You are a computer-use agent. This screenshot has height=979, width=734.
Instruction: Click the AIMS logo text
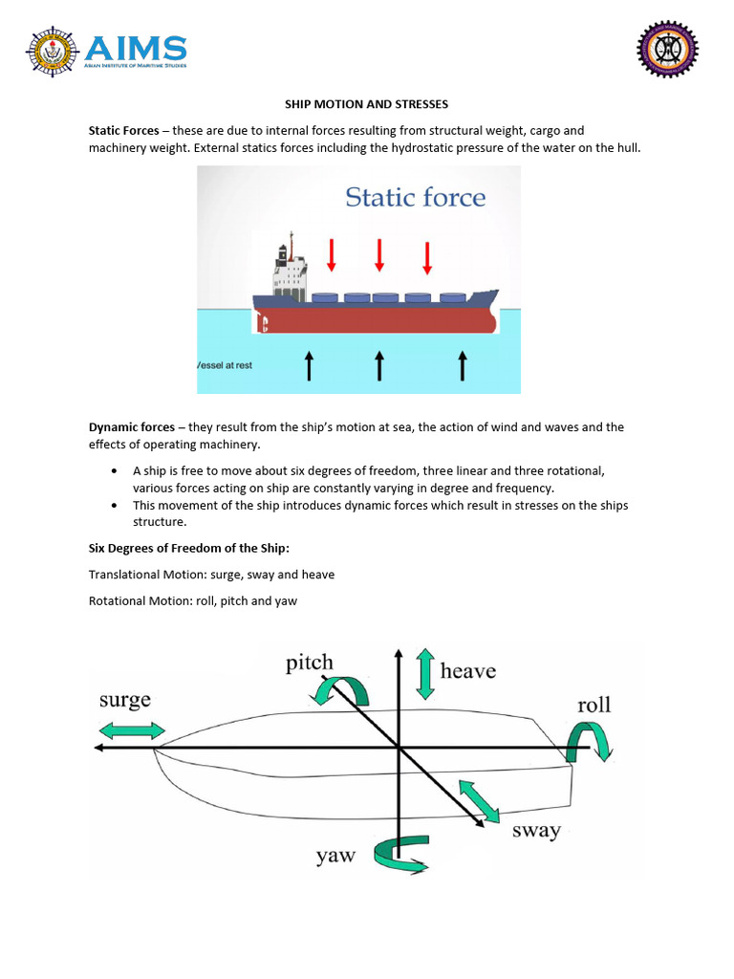(x=136, y=48)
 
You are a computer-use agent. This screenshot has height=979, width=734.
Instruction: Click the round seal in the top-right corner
(x=667, y=50)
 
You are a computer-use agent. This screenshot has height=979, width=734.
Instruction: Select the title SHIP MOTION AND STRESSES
(x=367, y=103)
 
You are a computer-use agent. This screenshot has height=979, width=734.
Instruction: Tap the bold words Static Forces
(x=124, y=130)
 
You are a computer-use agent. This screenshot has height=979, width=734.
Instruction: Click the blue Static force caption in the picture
(x=415, y=198)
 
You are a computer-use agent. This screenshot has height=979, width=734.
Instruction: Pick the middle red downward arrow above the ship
(x=379, y=254)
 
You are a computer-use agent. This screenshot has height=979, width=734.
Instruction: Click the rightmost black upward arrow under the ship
(x=463, y=365)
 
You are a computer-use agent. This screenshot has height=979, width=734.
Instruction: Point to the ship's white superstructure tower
(x=286, y=269)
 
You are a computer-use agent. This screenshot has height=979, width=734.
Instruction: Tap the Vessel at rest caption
(x=226, y=365)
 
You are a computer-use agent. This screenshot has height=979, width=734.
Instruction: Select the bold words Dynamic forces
(x=132, y=427)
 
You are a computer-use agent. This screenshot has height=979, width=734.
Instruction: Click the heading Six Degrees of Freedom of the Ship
(x=188, y=548)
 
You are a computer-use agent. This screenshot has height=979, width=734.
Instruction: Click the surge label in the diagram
(x=125, y=700)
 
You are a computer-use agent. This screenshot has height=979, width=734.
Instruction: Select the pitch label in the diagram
(x=310, y=663)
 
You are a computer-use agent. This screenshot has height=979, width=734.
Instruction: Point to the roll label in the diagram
(x=594, y=706)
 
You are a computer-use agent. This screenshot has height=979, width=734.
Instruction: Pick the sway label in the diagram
(x=536, y=830)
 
